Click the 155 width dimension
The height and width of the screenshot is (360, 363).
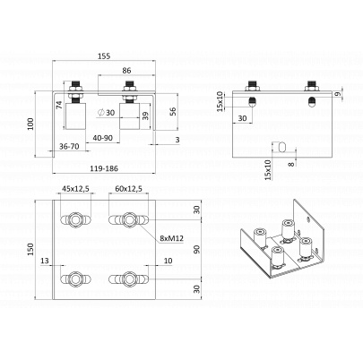click(104, 56)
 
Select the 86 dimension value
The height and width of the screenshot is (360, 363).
click(126, 71)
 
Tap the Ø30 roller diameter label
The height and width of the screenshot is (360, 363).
click(107, 113)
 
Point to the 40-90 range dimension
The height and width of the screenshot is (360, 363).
click(102, 138)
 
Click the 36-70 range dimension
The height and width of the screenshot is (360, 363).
click(69, 147)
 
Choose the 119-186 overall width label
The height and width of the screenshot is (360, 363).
click(104, 168)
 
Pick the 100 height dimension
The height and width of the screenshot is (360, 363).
click(30, 124)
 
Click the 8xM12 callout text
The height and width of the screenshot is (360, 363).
click(171, 238)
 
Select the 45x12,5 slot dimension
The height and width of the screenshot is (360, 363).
click(75, 189)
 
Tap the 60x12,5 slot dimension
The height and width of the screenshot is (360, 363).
click(128, 189)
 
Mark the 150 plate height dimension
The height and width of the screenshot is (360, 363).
click(30, 250)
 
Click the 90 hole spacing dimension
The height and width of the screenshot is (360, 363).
click(196, 250)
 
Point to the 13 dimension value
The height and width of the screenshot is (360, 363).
click(45, 261)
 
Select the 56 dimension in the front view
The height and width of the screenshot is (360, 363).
click(173, 111)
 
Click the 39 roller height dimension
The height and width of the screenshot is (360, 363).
click(145, 116)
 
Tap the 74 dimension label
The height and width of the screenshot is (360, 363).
click(59, 105)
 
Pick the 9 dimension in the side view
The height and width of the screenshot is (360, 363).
click(338, 94)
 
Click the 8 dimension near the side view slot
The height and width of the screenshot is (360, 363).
click(292, 164)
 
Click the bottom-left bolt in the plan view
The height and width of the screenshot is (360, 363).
click(75, 279)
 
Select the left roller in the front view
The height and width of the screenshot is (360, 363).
click(75, 116)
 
